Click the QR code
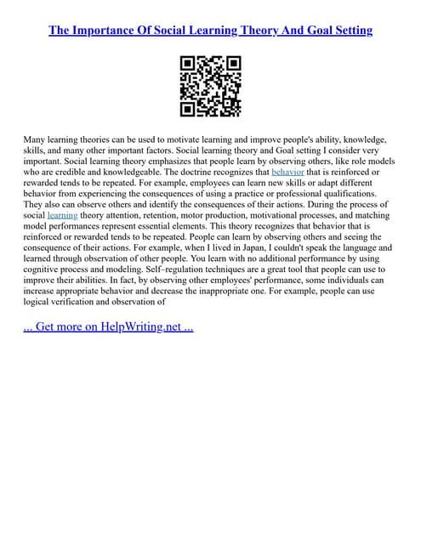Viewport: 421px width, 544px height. click(x=210, y=86)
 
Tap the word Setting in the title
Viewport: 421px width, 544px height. click(x=350, y=31)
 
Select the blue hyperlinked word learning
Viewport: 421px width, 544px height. click(x=62, y=216)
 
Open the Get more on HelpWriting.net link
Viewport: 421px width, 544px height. click(x=108, y=326)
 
